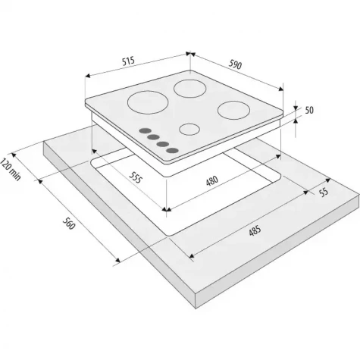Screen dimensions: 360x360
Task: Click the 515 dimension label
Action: pos(129,61)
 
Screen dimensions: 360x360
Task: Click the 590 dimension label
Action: pos(235,64)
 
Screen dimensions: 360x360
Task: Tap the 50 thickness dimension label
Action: pos(309,111)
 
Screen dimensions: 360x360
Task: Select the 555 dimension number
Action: pos(136,177)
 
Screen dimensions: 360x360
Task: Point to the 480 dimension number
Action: pos(211,181)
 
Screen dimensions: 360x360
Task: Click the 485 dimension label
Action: pos(255,230)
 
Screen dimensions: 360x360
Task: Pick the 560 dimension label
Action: pos(69,224)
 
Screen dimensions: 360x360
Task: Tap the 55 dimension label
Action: pos(324,192)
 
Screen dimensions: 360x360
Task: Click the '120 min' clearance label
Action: pos(10,169)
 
